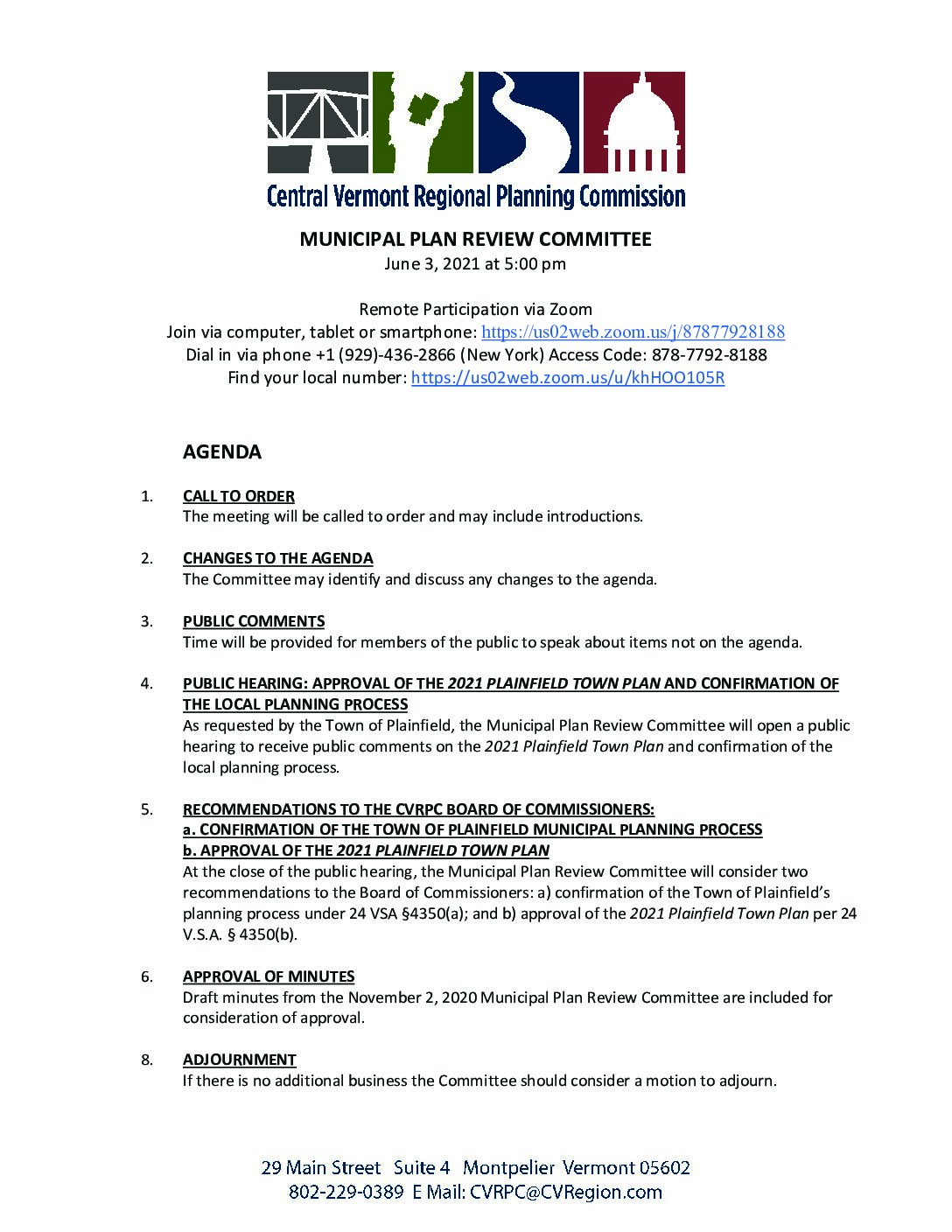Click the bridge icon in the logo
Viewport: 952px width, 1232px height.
click(x=318, y=122)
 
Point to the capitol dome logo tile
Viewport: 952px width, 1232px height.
click(x=633, y=122)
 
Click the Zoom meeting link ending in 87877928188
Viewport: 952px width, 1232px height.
click(x=633, y=332)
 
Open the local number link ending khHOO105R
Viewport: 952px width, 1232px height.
click(x=567, y=378)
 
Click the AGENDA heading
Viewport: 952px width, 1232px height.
click(x=222, y=452)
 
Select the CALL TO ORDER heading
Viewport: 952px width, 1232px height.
click(x=239, y=496)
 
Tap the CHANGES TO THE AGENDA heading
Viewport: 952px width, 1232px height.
click(x=278, y=558)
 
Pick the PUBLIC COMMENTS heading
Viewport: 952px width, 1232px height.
click(x=254, y=621)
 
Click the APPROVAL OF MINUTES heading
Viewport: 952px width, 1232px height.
click(x=269, y=976)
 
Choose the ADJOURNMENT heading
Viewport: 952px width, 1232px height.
click(x=240, y=1060)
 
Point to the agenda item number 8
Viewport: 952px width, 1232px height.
click(x=147, y=1060)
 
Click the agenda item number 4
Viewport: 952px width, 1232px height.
click(x=147, y=684)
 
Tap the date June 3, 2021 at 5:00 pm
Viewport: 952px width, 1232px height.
click(x=476, y=263)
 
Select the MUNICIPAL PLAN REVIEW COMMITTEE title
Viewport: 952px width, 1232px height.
click(x=476, y=240)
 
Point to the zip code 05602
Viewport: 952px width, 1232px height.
click(x=664, y=1168)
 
